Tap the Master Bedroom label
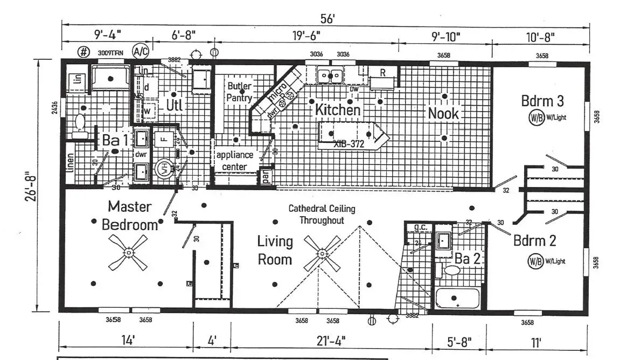[x=130, y=214]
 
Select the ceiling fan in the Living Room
[x=322, y=253]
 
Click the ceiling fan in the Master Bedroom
[x=128, y=252]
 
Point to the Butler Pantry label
[x=239, y=92]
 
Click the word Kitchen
[x=338, y=109]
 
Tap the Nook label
[x=443, y=113]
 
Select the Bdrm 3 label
[x=542, y=101]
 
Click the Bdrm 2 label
[x=534, y=240]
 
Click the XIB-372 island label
[x=349, y=144]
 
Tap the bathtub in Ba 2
[x=457, y=299]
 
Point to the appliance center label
[x=235, y=161]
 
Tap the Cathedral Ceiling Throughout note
[x=322, y=214]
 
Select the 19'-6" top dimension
[x=306, y=36]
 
